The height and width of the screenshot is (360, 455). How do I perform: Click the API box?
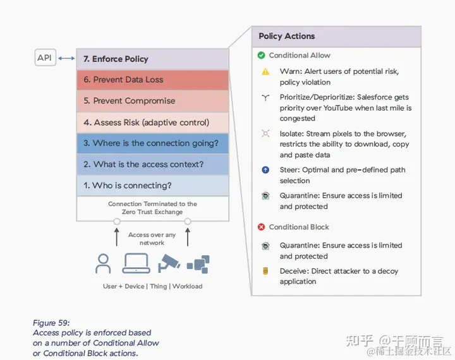coord(44,58)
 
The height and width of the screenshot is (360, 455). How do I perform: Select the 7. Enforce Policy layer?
coord(152,59)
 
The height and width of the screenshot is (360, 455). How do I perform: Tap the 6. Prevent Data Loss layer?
coord(152,80)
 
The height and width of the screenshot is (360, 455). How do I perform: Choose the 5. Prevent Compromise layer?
coord(152,101)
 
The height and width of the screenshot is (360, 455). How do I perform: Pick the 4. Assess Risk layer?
coord(152,123)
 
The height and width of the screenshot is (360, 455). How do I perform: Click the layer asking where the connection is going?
coord(152,143)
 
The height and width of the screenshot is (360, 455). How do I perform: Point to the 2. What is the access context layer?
coord(152,164)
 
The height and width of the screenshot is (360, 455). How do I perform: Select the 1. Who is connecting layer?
coord(152,186)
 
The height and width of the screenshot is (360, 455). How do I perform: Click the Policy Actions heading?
coord(287,36)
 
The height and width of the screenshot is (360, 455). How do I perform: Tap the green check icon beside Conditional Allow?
coord(261,56)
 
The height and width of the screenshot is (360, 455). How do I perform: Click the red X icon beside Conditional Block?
coord(261,227)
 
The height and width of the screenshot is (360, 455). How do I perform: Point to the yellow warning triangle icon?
coord(266,72)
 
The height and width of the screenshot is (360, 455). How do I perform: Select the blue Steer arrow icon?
coord(266,170)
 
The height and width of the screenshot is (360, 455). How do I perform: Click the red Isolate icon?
coord(266,134)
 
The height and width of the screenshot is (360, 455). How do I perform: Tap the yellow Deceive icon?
coord(266,271)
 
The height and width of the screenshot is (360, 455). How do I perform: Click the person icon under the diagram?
coord(103,263)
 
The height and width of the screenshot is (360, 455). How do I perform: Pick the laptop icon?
coord(135,263)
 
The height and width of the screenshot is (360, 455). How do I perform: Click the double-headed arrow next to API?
coord(66,59)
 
